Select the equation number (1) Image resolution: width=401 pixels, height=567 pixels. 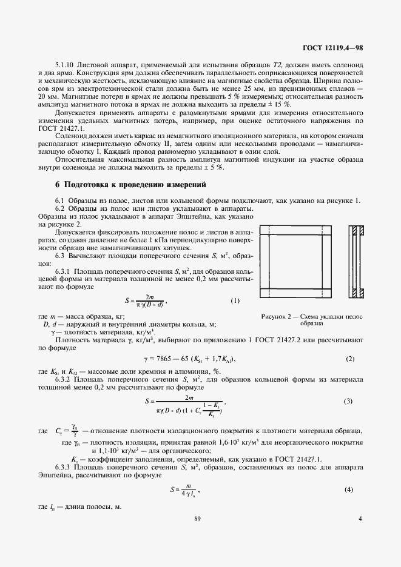click(x=235, y=300)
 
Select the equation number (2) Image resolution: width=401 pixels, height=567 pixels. click(x=349, y=359)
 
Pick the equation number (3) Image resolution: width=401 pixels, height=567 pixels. click(x=348, y=401)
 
